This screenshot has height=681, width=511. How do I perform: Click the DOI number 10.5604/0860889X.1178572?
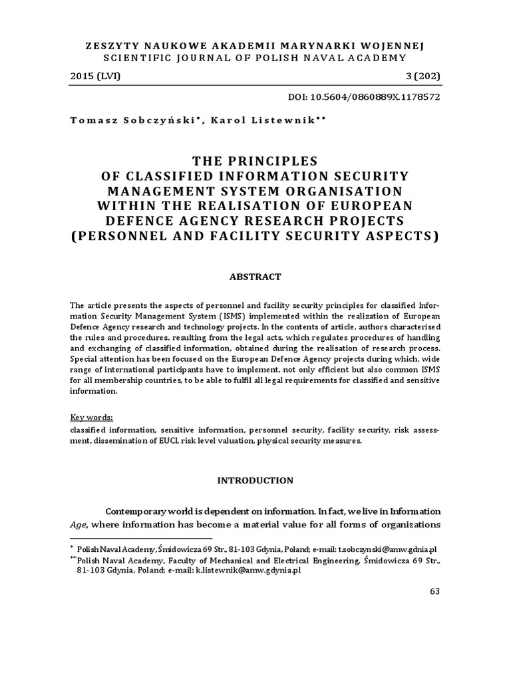click(373, 96)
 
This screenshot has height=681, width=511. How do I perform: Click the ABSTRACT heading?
click(255, 276)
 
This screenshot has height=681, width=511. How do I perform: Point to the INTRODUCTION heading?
click(255, 479)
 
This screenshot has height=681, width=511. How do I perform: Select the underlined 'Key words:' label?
click(92, 417)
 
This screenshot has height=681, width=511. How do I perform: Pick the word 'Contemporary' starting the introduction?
click(137, 511)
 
